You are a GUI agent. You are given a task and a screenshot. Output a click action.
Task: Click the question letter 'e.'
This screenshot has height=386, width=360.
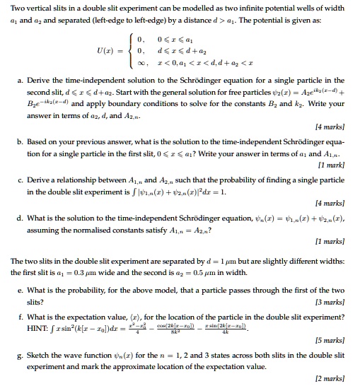coord(20,291)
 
